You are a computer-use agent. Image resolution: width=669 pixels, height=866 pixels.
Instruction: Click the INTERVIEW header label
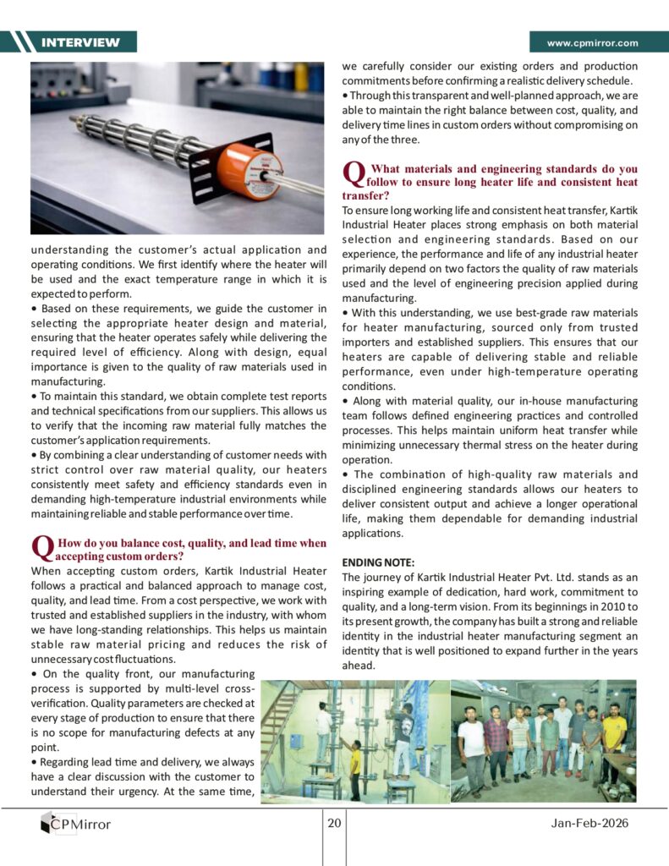[80, 42]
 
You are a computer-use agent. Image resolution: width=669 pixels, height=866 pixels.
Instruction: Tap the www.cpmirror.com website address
[592, 43]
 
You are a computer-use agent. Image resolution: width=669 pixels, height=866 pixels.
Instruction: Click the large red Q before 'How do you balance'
[41, 548]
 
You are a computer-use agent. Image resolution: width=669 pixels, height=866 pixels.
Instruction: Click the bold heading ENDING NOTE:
[379, 562]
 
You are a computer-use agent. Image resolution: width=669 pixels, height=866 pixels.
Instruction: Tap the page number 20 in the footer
[334, 824]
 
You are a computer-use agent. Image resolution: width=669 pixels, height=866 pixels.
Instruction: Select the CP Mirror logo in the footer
[76, 823]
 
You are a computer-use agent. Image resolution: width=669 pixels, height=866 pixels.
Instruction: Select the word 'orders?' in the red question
[162, 556]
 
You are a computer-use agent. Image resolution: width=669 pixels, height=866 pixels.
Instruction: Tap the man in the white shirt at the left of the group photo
[472, 748]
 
